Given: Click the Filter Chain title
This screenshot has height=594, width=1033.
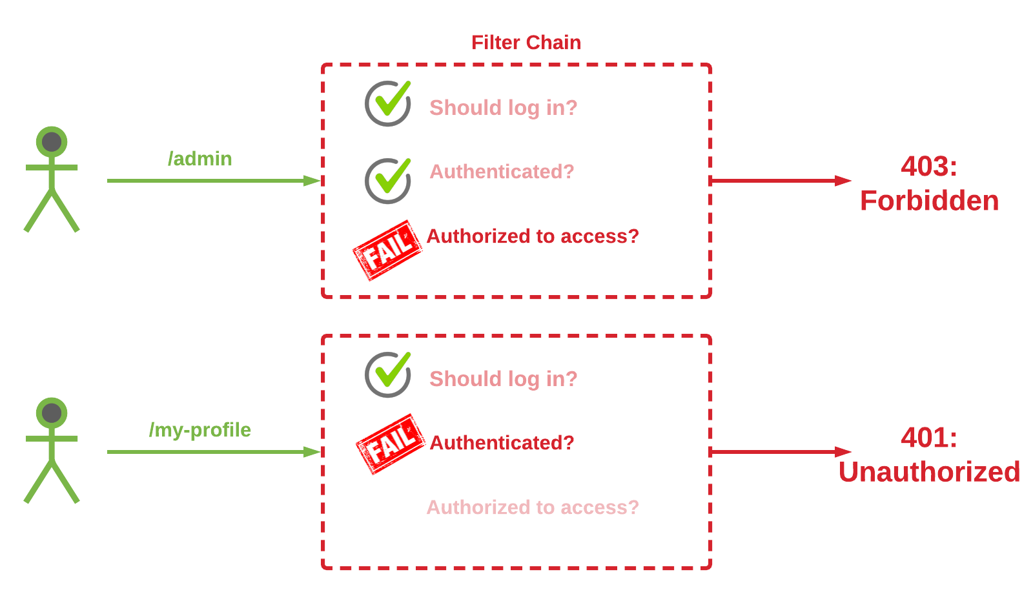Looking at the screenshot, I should tap(526, 43).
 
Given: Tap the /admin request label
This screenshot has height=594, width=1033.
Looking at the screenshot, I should tap(200, 159).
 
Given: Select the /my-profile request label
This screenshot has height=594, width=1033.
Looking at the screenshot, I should tap(200, 430).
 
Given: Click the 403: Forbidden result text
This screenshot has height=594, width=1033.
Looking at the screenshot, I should tap(929, 184).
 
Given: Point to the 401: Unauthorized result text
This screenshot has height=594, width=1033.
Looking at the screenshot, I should tap(929, 455).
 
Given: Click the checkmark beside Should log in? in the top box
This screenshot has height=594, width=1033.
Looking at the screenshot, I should tap(388, 103).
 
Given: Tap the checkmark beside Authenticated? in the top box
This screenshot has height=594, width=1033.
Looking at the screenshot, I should tap(388, 181).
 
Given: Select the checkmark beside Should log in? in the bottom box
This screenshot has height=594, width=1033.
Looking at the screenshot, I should tap(388, 374).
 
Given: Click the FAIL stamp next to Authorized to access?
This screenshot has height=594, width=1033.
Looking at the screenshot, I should tap(387, 251).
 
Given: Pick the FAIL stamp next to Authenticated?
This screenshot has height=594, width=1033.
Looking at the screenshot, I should tap(391, 444).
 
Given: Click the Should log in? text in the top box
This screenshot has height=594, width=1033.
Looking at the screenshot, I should tap(504, 108).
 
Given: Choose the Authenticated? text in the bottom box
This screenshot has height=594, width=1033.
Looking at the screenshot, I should tap(502, 443).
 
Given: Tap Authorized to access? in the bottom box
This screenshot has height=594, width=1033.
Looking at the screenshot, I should tap(533, 507).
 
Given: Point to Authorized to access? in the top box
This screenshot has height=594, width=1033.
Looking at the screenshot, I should tap(533, 236).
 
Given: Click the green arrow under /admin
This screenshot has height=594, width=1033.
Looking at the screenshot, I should tap(213, 181).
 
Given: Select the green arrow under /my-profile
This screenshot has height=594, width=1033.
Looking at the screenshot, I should tap(213, 452).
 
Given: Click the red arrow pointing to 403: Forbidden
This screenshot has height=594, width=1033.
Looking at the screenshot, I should tap(781, 181).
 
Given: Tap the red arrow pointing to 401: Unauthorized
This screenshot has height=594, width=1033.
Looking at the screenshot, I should tap(781, 452).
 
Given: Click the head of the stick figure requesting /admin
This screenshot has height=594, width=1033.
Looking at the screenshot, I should tap(52, 142).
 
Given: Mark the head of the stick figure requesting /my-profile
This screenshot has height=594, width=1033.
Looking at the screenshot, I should tap(52, 413).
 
